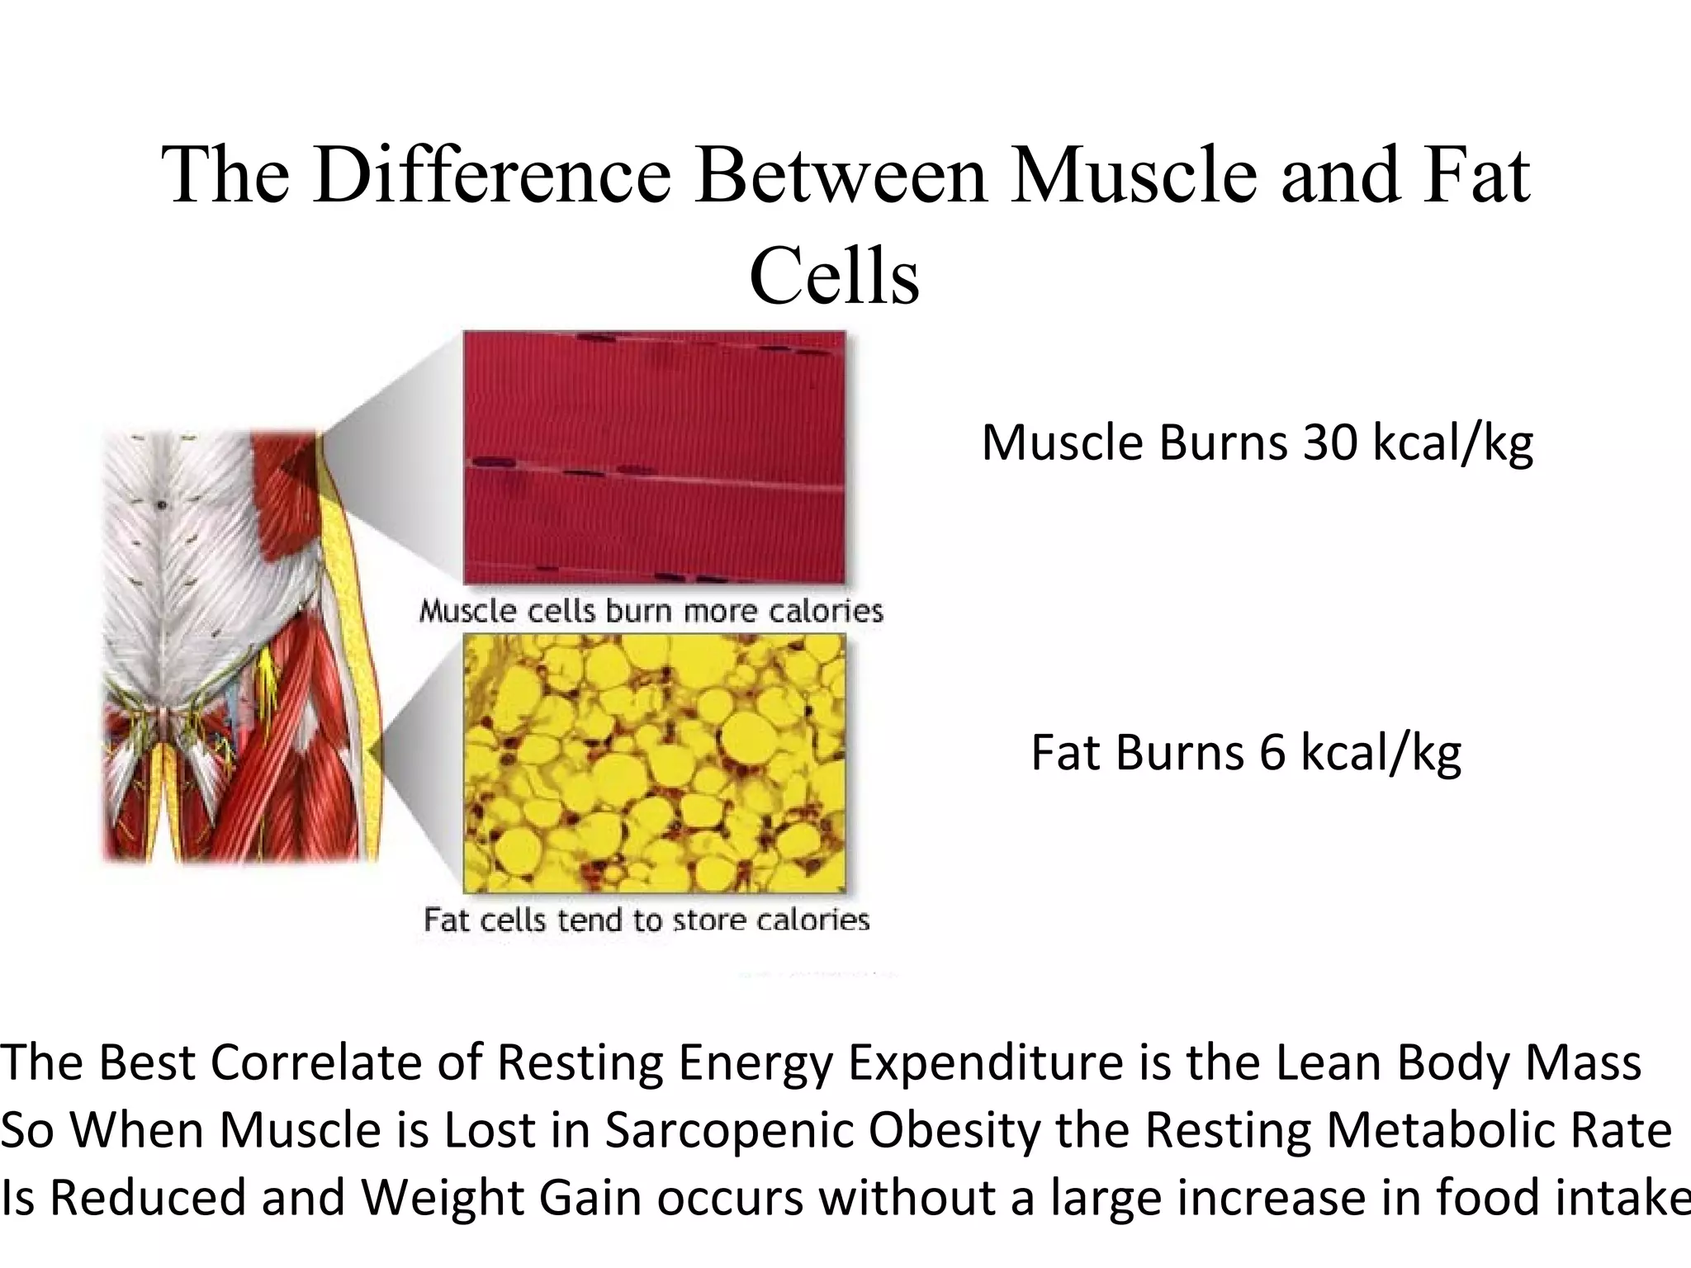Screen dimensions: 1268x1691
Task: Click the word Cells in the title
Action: click(834, 276)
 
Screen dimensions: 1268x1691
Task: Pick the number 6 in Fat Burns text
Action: click(1272, 753)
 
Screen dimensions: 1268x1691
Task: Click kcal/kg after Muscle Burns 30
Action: click(1452, 443)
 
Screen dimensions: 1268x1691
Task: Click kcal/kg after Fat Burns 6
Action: click(1381, 753)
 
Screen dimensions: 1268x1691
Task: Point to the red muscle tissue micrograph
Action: click(654, 457)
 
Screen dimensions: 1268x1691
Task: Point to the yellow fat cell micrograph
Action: click(654, 763)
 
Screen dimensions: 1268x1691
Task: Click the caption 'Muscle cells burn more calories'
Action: click(651, 611)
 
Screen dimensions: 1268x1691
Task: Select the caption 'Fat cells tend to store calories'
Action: click(647, 920)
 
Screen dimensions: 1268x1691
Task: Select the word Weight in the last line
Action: click(442, 1198)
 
